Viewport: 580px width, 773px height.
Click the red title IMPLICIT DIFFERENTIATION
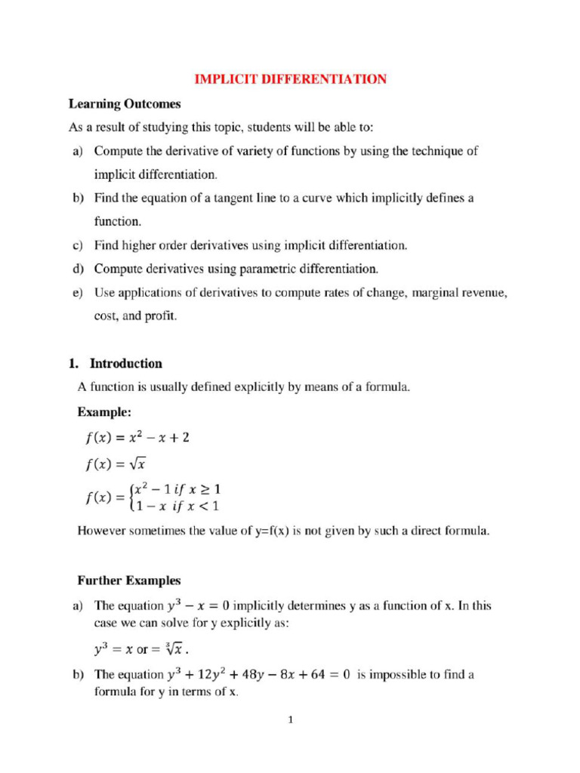291,79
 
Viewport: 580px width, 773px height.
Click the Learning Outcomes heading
125,103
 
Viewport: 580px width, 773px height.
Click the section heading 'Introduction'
126,363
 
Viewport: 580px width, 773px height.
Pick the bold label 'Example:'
104,412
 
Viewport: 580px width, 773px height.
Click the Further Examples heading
129,581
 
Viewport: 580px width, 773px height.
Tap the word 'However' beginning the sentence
102,531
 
